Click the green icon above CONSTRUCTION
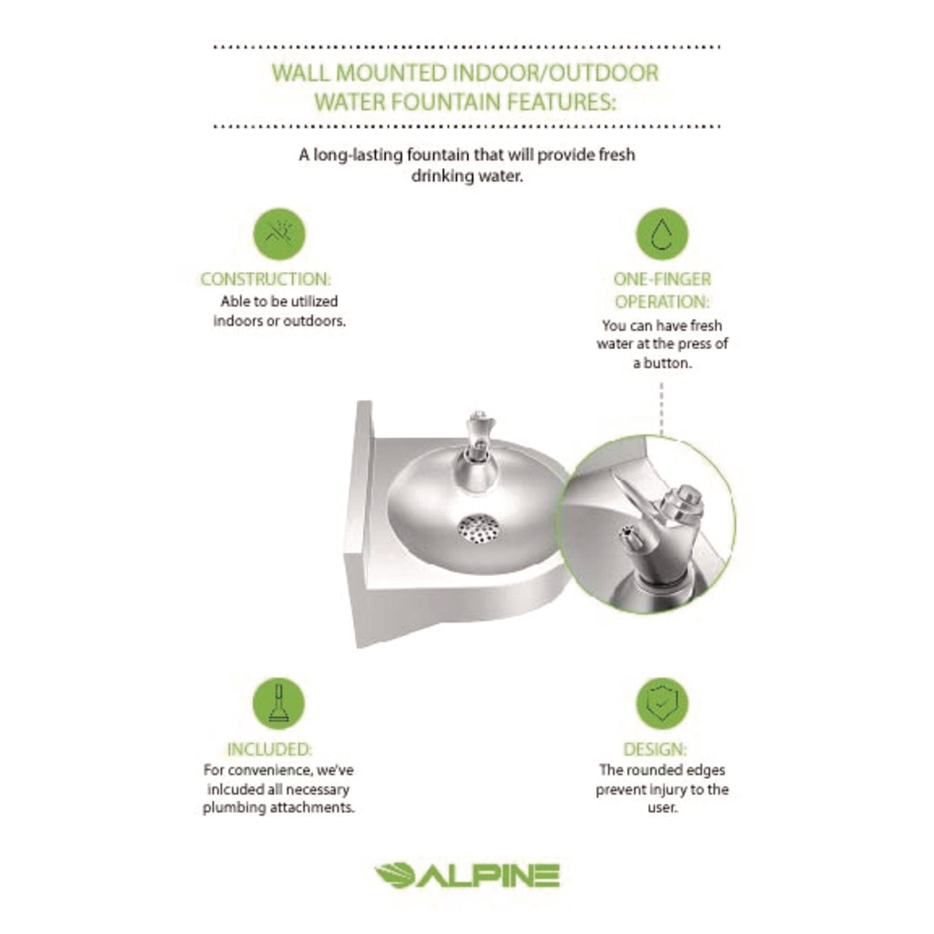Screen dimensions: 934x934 coord(279,235)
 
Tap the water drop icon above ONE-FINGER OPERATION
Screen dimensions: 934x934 coord(661,235)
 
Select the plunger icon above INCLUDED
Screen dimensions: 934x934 coord(278,704)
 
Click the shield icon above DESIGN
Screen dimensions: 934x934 coord(661,704)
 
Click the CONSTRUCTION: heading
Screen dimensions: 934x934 coord(266,279)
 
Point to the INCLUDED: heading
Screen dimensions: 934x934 coord(269,749)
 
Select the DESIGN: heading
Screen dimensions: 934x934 coord(655,749)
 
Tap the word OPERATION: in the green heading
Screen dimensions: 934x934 coord(662,302)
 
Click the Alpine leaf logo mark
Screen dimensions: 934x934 coord(395,875)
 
